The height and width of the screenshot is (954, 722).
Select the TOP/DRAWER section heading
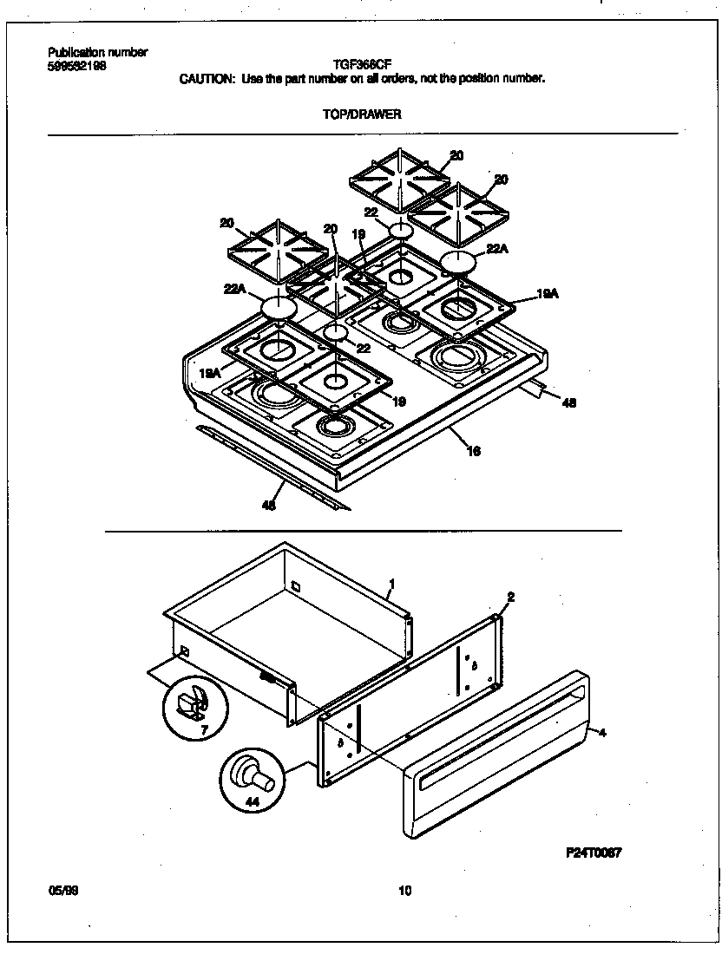[362, 114]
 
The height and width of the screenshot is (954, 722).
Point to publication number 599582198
[76, 65]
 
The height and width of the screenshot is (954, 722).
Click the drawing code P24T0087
[594, 852]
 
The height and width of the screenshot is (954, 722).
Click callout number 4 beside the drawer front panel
[602, 733]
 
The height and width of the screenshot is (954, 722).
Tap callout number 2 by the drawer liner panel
[510, 597]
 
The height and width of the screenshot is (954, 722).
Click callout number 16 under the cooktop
[474, 451]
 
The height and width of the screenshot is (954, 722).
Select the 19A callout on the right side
[547, 295]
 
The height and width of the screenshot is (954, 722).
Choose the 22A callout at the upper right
[496, 249]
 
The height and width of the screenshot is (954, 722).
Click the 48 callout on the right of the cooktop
[568, 402]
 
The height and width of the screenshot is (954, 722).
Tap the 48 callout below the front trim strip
[269, 506]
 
